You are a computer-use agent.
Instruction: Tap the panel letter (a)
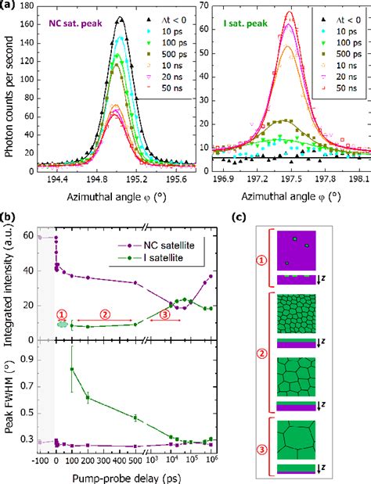pyautogui.click(x=9, y=6)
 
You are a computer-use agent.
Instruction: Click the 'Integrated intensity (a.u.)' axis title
pyautogui.click(x=9, y=285)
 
